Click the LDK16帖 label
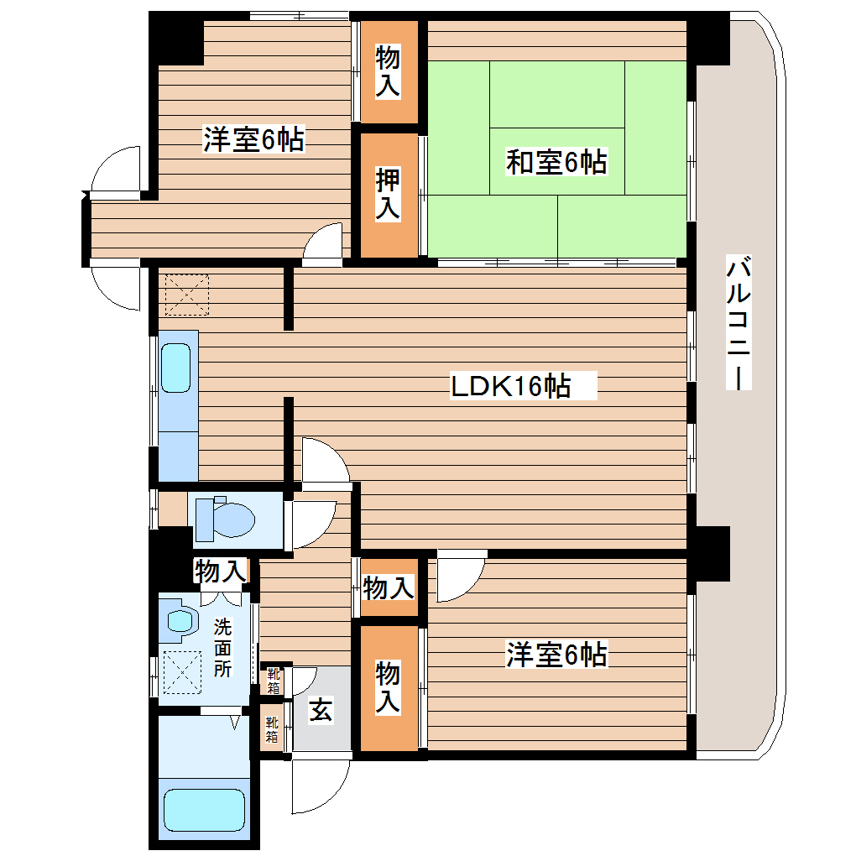511,387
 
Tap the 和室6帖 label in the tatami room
556,162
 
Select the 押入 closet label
387,195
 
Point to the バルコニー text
739,324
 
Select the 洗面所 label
222,648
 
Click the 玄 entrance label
321,710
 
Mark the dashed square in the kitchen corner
186,295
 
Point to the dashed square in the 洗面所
182,673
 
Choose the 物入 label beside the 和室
387,71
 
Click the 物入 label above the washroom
220,572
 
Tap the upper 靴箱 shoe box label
274,680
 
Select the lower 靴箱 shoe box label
272,730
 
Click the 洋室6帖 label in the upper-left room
253,140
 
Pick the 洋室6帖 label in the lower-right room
556,654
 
